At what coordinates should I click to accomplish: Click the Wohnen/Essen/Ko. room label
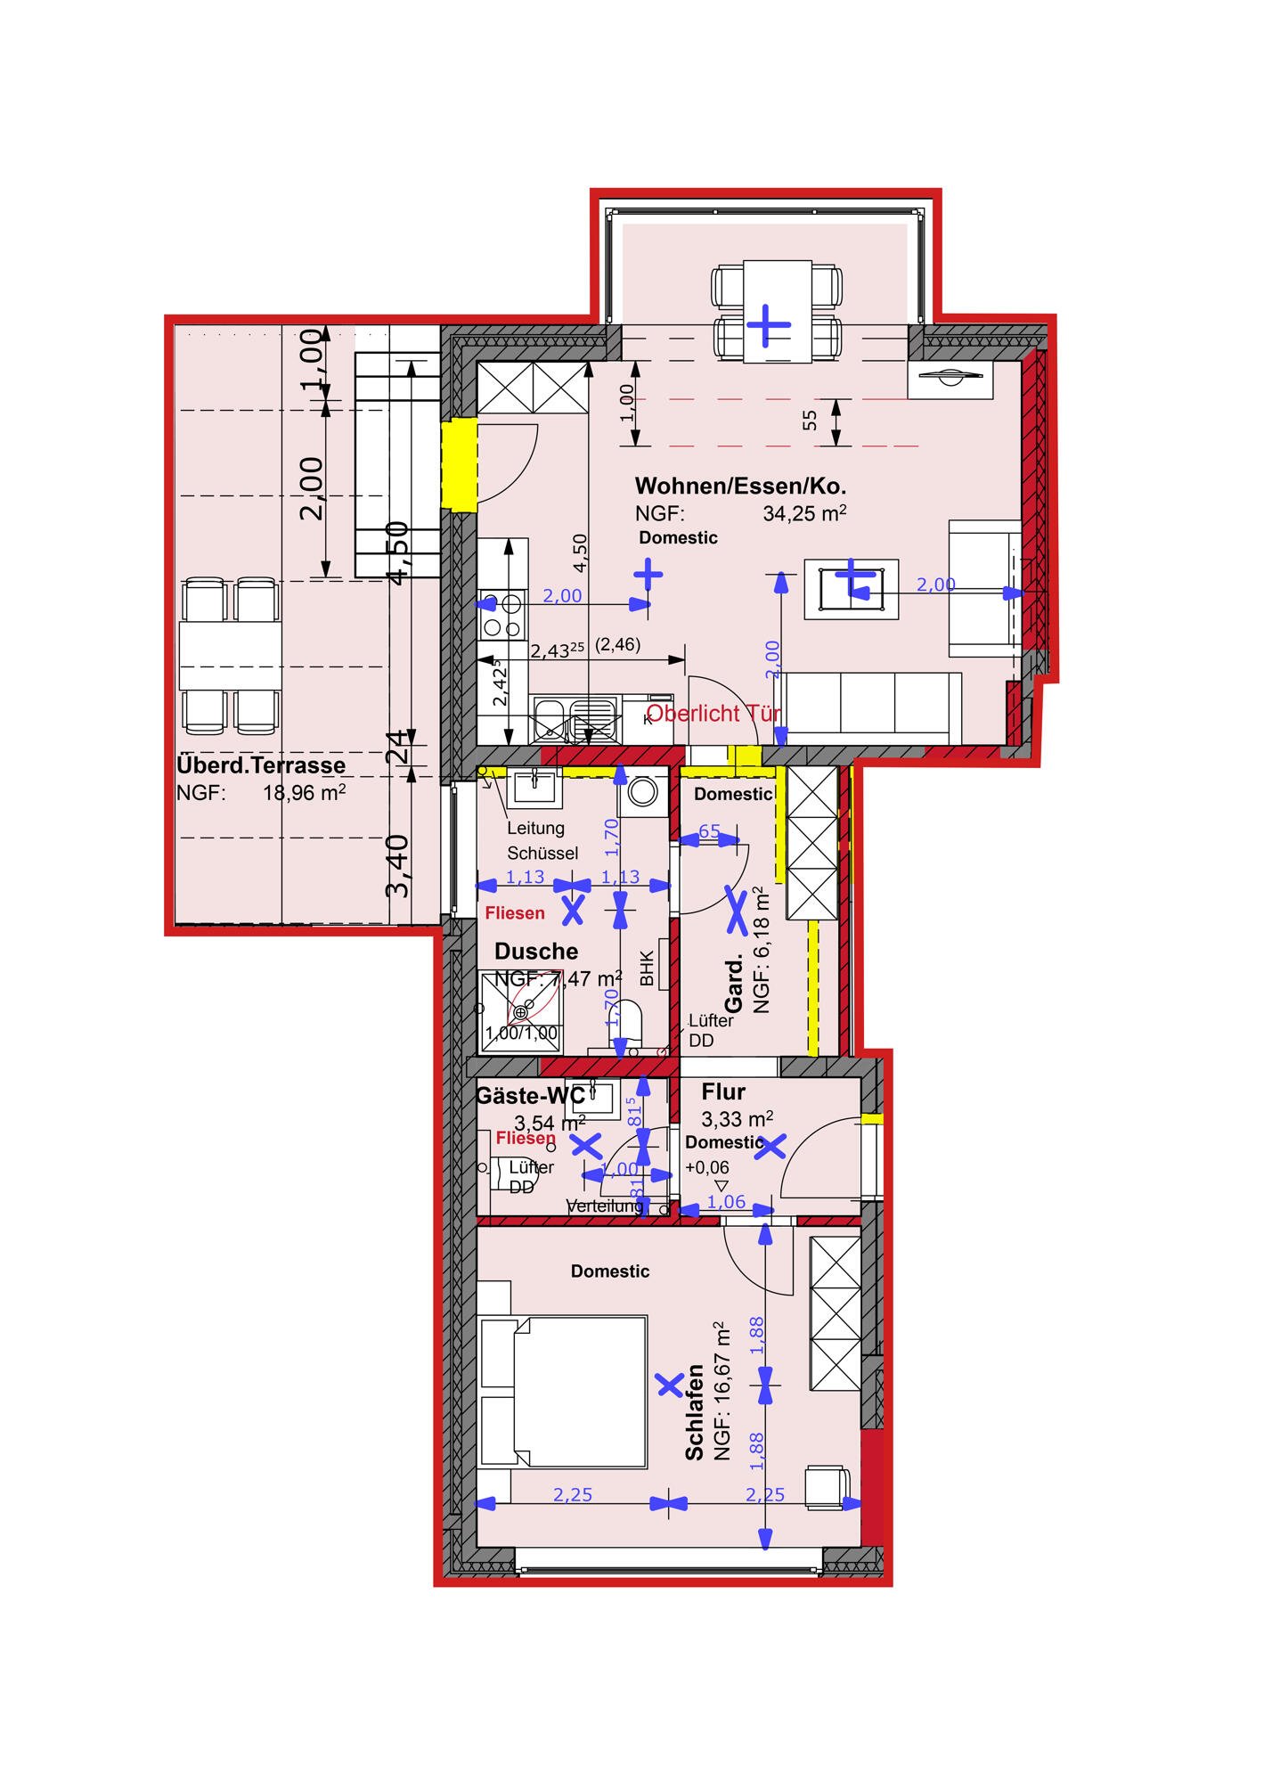pos(739,486)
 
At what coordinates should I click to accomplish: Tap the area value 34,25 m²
pos(803,513)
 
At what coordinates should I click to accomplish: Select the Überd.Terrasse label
pos(261,765)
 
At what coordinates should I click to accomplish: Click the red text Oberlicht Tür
pos(713,713)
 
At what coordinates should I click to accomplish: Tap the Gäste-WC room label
pos(530,1095)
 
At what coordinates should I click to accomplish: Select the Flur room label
pos(723,1091)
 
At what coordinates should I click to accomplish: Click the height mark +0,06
pos(707,1168)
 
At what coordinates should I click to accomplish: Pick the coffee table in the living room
pos(851,588)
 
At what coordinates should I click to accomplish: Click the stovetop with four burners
pos(501,616)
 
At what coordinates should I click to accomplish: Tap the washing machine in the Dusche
pos(642,792)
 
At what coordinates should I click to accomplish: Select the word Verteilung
pos(605,1206)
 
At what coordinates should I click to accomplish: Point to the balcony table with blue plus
pos(777,311)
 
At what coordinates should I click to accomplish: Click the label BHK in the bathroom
pos(648,969)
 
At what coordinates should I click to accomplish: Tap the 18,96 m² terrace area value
pos(304,793)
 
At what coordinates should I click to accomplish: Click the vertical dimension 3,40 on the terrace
pos(399,865)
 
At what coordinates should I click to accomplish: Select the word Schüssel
pos(542,853)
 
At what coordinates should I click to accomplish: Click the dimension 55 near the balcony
pos(809,420)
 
